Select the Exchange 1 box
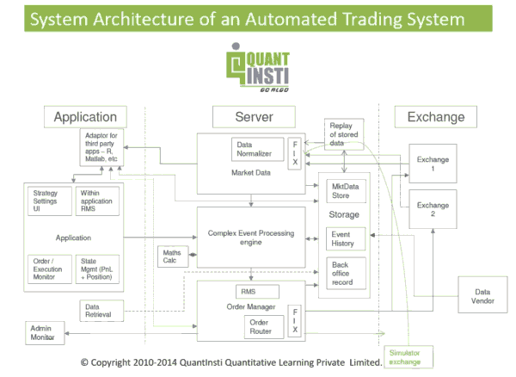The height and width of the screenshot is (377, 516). coord(433,165)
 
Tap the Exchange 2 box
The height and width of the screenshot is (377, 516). coord(433,211)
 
